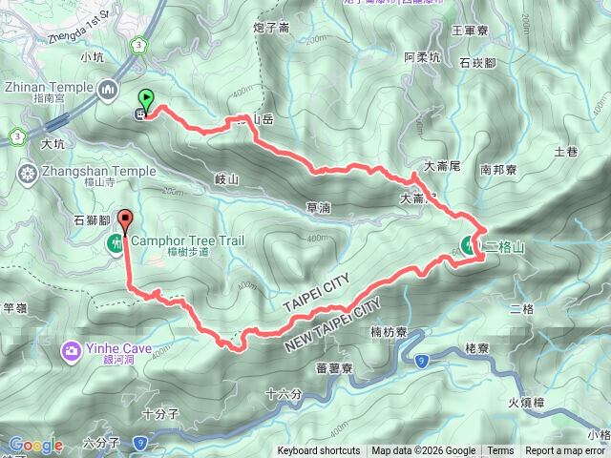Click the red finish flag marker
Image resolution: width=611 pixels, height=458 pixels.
pos(125,219)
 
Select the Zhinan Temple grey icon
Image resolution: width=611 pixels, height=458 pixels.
pos(108,90)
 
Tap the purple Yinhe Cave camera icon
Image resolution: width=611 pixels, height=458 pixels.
pos(73,351)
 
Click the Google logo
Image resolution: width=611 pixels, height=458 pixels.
pos(36,445)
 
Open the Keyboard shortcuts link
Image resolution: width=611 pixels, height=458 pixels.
pos(319,451)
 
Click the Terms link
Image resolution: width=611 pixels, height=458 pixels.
pos(500,451)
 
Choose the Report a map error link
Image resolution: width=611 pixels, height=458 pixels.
pos(565,451)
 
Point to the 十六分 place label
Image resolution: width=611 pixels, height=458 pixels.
pos(284,393)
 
